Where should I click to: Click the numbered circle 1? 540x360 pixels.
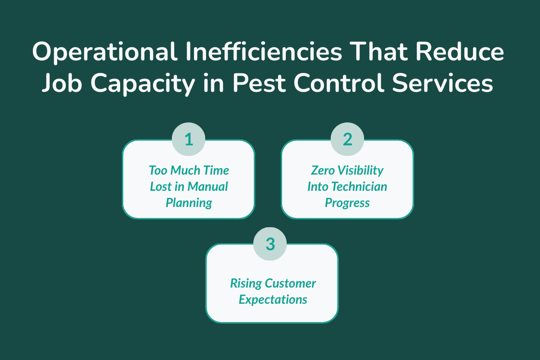coord(189,139)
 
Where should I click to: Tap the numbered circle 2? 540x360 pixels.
coord(347,139)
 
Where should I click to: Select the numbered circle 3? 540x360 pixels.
coord(270,243)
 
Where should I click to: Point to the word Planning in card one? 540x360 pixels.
coord(189,202)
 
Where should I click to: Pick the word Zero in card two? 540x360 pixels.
coord(323,170)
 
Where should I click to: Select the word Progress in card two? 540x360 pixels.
coord(347,202)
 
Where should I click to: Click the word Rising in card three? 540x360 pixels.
coord(246,283)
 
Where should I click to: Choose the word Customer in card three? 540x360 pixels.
coord(290,283)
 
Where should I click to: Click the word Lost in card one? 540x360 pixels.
coord(160,186)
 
